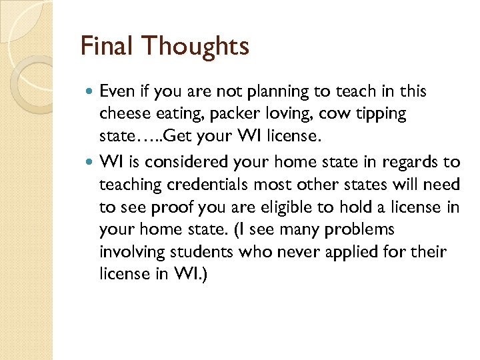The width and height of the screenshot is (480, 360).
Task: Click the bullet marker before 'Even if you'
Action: [89, 91]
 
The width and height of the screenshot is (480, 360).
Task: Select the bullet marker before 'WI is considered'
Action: [89, 161]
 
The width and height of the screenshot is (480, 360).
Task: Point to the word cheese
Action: [124, 114]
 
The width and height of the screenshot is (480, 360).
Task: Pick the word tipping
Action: [381, 114]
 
